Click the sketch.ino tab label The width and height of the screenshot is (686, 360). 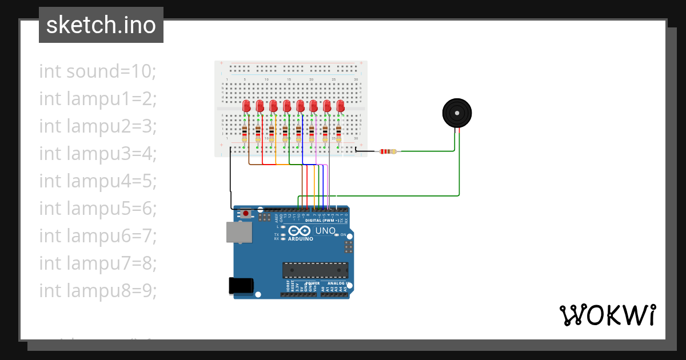101,25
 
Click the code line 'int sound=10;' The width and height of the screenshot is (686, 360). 98,71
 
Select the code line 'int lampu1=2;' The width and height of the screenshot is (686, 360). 98,99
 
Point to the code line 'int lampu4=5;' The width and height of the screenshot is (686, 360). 98,181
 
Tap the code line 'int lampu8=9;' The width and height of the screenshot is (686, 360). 98,291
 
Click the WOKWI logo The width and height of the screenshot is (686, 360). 607,315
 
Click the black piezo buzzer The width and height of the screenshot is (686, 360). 457,113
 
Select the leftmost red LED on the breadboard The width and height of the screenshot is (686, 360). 246,106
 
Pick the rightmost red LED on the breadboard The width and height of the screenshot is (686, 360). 341,106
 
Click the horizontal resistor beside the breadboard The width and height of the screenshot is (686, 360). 388,151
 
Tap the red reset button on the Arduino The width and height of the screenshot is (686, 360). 246,214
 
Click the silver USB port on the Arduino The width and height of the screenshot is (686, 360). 238,232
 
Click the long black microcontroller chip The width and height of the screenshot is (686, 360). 315,270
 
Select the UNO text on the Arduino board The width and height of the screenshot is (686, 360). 326,230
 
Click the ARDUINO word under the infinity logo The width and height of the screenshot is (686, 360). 300,239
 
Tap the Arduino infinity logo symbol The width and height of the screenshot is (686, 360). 300,230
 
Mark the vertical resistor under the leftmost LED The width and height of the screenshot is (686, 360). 245,134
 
